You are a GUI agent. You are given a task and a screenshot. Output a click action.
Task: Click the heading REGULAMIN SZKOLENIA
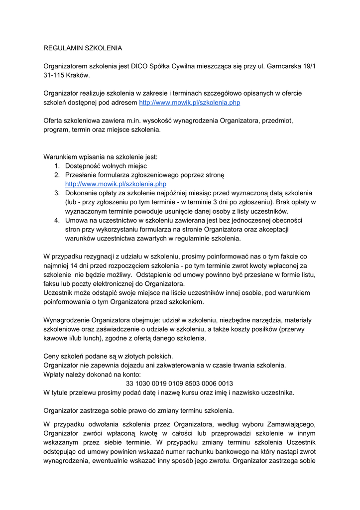coord(83,48)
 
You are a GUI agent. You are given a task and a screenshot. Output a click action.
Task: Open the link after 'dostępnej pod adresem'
coord(190,102)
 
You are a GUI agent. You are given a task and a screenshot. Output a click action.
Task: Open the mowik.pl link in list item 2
coord(116,184)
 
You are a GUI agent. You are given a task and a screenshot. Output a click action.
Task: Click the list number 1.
coord(57,166)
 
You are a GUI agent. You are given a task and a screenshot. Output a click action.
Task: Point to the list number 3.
coord(57,193)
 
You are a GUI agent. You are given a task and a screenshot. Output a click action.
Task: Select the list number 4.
coord(57,220)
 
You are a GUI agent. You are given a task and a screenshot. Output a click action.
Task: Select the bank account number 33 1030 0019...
coord(180,383)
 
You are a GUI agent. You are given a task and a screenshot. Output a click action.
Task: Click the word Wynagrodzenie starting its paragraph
coord(68,320)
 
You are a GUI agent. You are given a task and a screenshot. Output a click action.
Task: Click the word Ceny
coord(52,356)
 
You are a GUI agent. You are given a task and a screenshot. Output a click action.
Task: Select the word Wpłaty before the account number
coord(55,374)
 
